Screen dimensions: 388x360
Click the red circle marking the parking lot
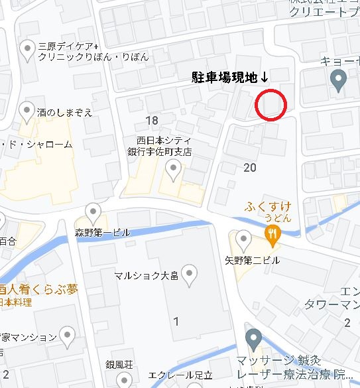[270, 105]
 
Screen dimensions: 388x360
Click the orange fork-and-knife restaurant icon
[271, 233]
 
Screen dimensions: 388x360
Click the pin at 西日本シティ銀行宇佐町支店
[174, 171]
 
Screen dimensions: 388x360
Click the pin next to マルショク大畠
[190, 273]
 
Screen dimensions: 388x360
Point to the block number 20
[250, 167]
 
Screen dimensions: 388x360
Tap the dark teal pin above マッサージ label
[253, 340]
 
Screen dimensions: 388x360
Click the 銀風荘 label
[119, 366]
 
